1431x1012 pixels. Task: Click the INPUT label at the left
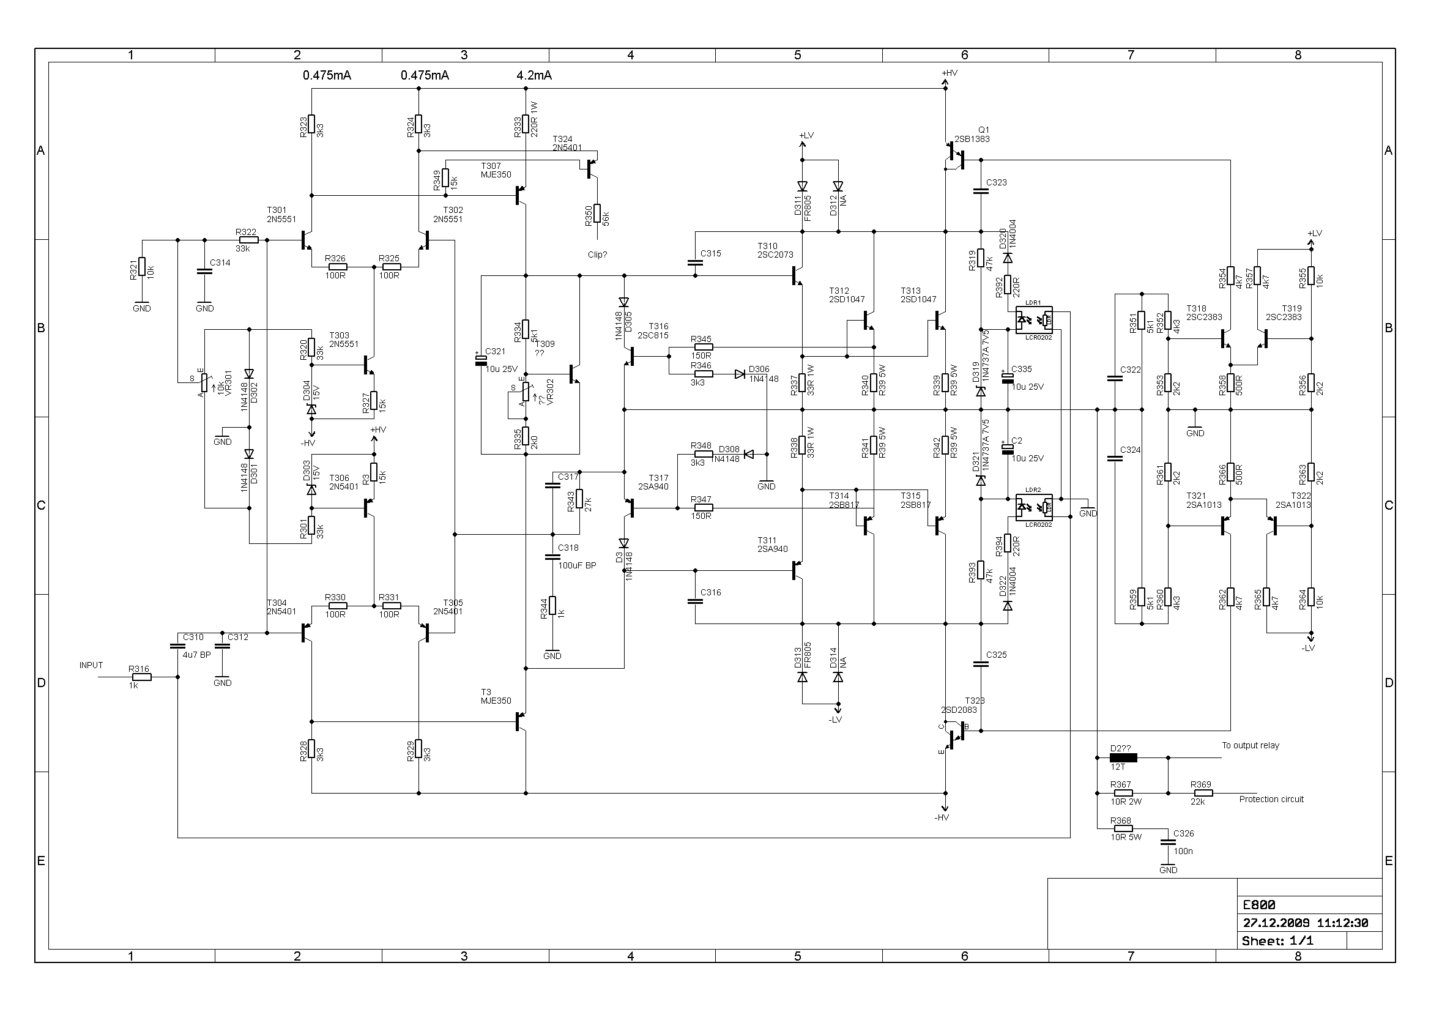click(x=91, y=665)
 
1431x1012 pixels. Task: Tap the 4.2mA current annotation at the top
click(x=534, y=75)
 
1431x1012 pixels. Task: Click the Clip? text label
click(x=597, y=255)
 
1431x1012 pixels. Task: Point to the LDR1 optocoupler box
click(x=1034, y=319)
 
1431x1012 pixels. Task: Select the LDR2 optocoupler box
click(x=1034, y=507)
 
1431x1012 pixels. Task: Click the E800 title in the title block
click(x=1259, y=905)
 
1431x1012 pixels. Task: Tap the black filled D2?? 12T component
click(x=1123, y=757)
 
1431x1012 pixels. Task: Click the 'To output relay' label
click(x=1251, y=745)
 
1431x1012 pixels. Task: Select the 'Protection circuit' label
click(x=1271, y=799)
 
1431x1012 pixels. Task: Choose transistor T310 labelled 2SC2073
click(x=797, y=275)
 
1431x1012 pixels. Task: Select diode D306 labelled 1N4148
click(x=740, y=374)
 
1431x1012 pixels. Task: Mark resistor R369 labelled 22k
click(x=1202, y=794)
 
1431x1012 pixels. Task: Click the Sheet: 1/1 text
click(x=1277, y=941)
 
